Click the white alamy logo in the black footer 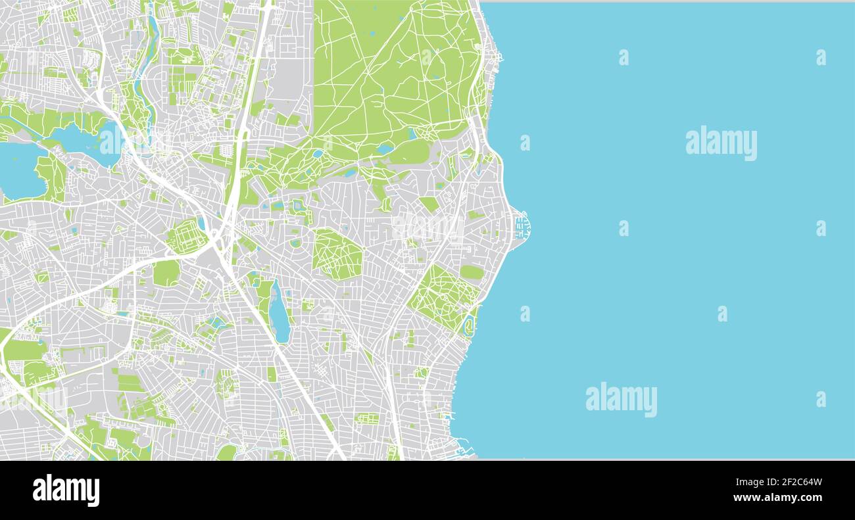66,490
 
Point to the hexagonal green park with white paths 337,254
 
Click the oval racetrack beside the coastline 468,325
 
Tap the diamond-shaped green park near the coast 443,297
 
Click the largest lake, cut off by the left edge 20,171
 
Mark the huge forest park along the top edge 395,72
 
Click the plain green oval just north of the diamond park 471,272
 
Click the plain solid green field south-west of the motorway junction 166,273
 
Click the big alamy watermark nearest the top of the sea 721,143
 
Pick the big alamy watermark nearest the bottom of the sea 621,399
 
